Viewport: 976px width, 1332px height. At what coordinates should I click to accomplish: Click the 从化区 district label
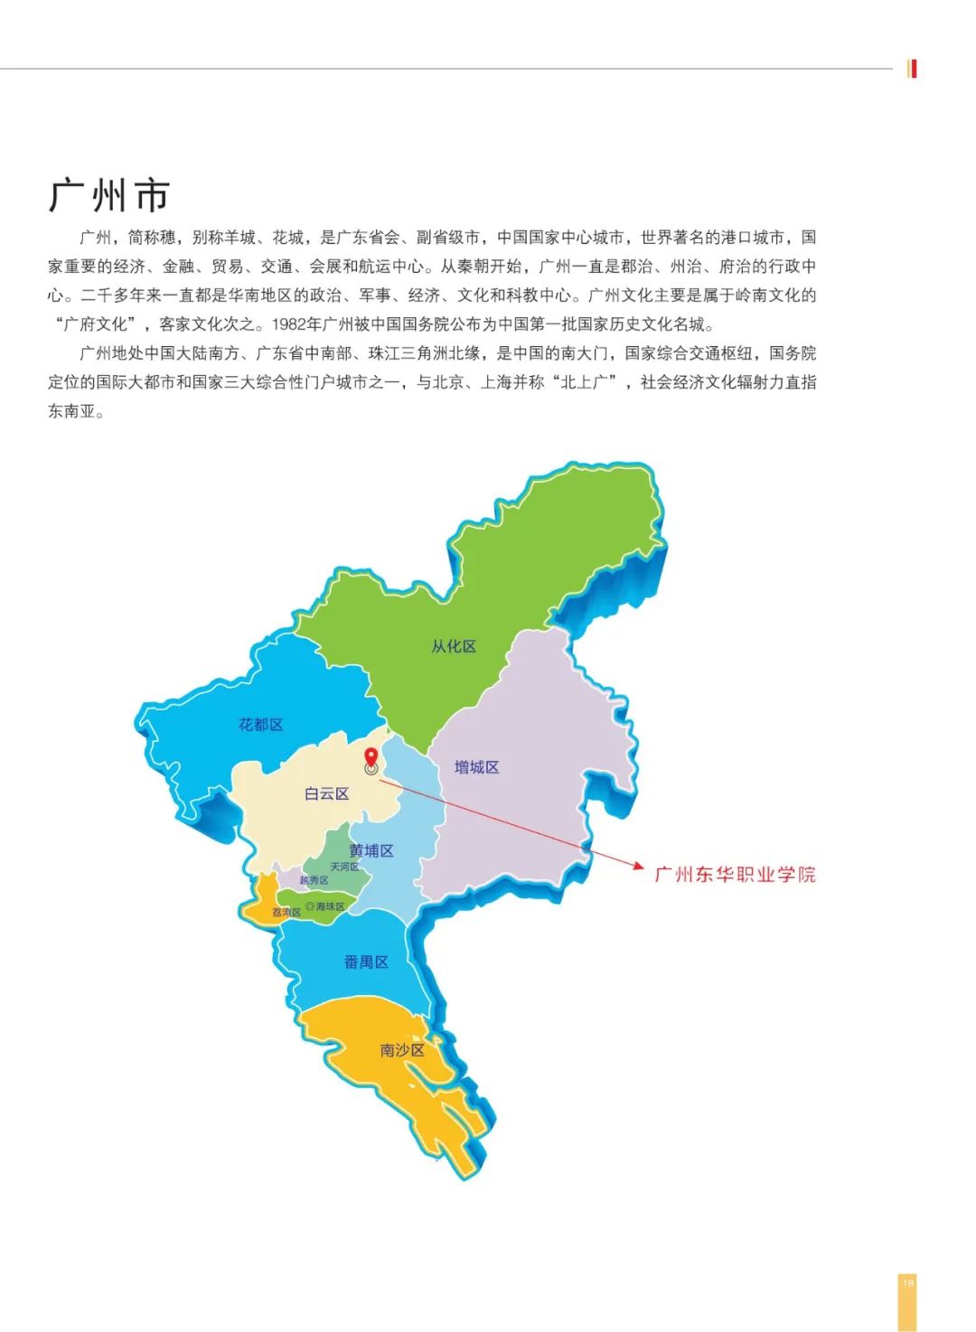click(454, 646)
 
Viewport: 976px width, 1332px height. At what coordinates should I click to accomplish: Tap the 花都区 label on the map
click(261, 725)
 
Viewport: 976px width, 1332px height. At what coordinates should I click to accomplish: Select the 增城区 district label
click(476, 767)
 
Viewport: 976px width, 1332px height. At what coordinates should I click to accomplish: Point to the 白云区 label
click(326, 793)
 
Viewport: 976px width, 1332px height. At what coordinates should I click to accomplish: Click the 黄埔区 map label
click(371, 850)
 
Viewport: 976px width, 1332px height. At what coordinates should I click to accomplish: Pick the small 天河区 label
click(344, 867)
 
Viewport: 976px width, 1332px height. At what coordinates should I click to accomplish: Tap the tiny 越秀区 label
click(314, 880)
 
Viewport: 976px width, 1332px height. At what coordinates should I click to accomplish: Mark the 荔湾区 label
click(286, 913)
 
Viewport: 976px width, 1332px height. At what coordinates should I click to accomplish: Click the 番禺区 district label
click(366, 962)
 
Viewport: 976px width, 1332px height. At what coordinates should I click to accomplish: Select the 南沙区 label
click(402, 1050)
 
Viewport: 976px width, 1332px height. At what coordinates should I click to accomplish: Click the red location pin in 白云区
click(371, 757)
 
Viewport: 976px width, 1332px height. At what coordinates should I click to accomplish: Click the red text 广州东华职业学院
click(735, 874)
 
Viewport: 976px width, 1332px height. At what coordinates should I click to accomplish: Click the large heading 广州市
click(109, 195)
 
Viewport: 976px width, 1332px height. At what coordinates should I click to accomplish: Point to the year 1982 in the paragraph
click(288, 324)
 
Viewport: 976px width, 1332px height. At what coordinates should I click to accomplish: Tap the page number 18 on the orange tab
click(908, 1282)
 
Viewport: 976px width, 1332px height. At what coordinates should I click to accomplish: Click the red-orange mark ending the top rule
click(913, 69)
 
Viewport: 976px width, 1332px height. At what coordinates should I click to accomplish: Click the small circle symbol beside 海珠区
click(310, 906)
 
